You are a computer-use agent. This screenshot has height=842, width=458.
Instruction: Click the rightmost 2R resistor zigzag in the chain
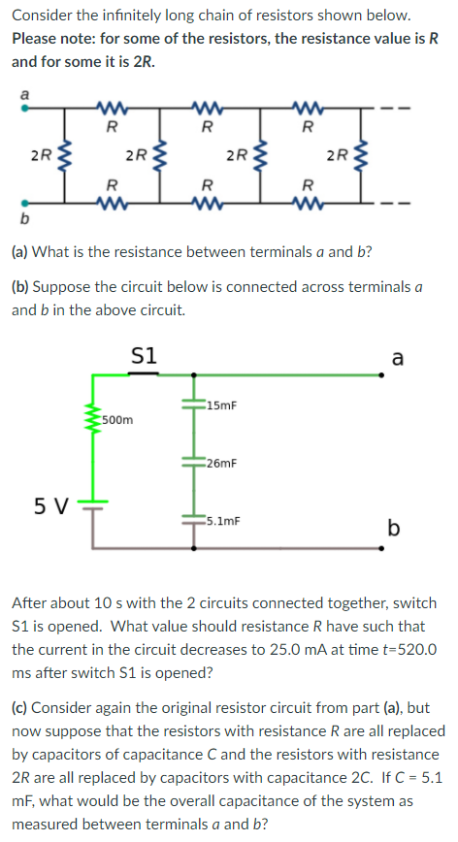(363, 154)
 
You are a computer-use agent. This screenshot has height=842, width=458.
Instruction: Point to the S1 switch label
(144, 355)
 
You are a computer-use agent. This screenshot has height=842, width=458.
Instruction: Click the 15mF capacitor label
(218, 404)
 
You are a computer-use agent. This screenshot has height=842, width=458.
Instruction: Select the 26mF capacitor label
(219, 464)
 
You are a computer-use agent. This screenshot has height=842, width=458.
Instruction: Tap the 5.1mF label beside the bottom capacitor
(221, 520)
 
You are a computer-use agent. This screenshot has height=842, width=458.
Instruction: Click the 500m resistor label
(118, 420)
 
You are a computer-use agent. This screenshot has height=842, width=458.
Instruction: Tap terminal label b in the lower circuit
(393, 528)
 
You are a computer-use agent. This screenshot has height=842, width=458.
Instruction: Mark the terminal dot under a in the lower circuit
(391, 374)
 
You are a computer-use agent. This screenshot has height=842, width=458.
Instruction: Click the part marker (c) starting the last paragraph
(22, 708)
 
